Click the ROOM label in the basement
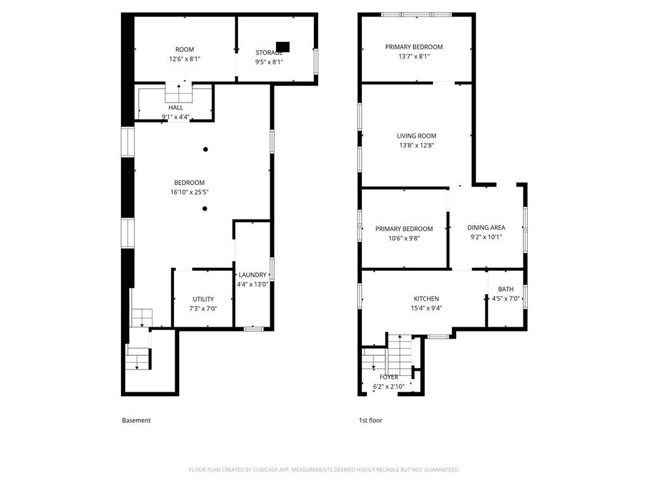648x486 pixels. pos(185,49)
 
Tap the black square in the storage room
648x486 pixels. pos(283,47)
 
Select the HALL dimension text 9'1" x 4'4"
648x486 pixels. pos(175,116)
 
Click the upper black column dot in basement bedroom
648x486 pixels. pos(205,149)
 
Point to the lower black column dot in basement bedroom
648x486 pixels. pos(205,208)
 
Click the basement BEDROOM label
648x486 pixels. pos(189,183)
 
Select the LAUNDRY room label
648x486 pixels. pos(252,275)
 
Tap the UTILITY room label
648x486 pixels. pos(203,299)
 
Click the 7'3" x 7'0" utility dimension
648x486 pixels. pos(203,309)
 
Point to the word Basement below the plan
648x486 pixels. pos(136,420)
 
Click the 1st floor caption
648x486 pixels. pos(370,420)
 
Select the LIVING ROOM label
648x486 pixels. pos(416,136)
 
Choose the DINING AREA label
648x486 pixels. pos(486,228)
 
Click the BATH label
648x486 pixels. pos(506,289)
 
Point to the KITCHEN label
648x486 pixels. pos(426,299)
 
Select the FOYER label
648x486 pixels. pos(389,377)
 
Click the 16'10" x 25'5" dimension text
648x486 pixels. pos(189,192)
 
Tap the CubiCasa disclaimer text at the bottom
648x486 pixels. pos(324,470)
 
